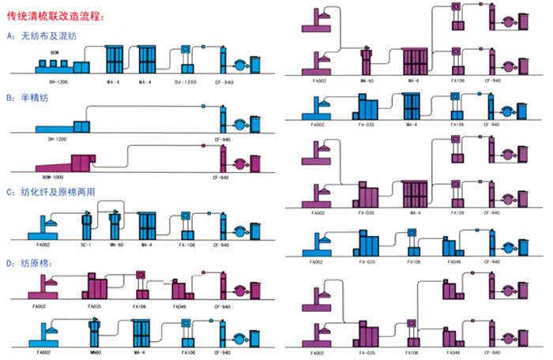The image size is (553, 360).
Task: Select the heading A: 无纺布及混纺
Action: [44, 36]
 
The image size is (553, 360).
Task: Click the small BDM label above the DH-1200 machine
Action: [54, 52]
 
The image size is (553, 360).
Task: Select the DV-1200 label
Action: [186, 81]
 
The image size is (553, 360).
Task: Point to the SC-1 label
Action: [87, 245]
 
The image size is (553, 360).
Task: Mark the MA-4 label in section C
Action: [147, 245]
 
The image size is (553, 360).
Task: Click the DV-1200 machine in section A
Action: [186, 60]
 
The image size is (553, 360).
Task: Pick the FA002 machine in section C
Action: [40, 229]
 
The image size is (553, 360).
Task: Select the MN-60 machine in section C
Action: [115, 225]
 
